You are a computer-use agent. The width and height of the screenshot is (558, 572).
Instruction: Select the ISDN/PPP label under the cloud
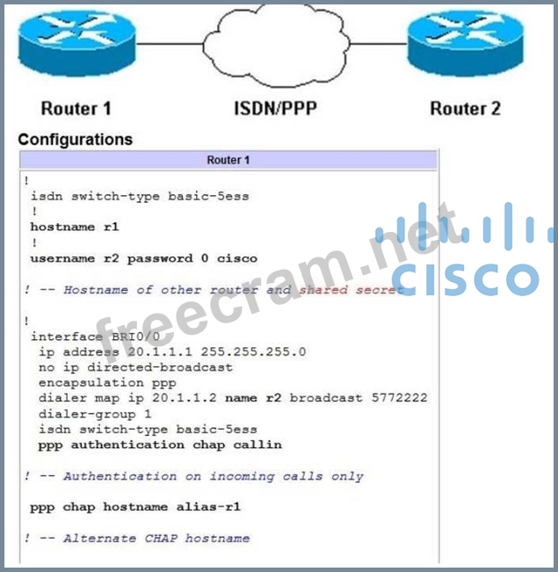(x=275, y=109)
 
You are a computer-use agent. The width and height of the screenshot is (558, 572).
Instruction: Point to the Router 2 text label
(x=465, y=109)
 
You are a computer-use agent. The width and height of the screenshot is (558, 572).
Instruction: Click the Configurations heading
(x=75, y=139)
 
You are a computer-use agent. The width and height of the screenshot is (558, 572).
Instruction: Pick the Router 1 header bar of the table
(x=228, y=160)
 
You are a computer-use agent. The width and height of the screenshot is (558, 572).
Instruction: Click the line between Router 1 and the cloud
(x=170, y=43)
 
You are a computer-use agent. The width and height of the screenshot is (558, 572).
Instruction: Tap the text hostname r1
(x=75, y=227)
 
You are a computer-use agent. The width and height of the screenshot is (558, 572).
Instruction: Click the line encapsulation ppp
(x=107, y=382)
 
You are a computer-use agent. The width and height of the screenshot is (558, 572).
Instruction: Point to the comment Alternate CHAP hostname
(x=156, y=538)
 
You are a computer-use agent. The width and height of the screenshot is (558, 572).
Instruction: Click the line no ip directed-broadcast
(x=135, y=366)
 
